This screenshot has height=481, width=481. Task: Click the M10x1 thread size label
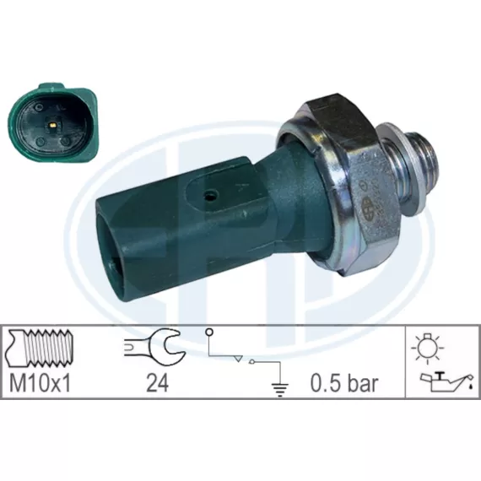(x=41, y=382)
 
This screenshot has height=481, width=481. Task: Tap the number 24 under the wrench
(x=157, y=383)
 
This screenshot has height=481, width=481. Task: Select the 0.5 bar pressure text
(x=344, y=382)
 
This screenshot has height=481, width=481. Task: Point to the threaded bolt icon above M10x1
(x=41, y=348)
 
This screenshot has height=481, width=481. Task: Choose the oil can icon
(x=446, y=381)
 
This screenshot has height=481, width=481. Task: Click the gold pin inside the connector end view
(x=53, y=125)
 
